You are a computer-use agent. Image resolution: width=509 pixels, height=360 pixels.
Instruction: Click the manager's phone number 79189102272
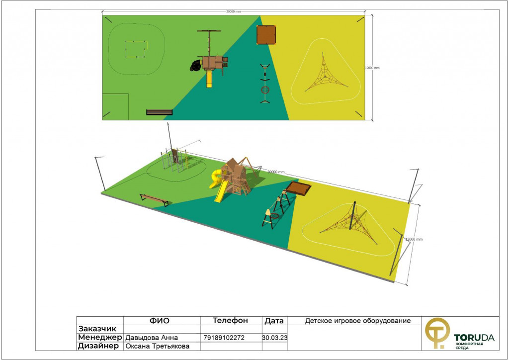pos(224,338)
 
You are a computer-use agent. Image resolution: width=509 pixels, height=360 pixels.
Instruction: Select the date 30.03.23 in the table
pos(274,338)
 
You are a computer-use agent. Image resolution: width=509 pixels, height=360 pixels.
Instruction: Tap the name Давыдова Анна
pos(152,338)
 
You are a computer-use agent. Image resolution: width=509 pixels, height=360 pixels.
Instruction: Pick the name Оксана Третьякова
pos(158,346)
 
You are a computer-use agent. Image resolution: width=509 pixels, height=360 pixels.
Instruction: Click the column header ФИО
pos(160,321)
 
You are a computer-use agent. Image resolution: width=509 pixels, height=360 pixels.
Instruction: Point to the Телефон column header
pos(230,320)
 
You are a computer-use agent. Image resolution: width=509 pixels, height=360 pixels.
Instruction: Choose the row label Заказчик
pos(97,329)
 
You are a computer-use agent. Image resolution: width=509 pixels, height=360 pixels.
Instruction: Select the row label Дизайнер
pos(98,346)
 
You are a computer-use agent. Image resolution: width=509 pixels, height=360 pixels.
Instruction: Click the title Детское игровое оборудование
pos(358,321)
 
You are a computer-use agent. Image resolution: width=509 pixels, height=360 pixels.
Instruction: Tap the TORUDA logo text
pos(474,338)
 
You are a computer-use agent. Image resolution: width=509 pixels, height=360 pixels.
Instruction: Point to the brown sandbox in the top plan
pos(266,35)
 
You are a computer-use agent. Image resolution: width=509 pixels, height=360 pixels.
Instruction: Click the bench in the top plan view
pos(160,112)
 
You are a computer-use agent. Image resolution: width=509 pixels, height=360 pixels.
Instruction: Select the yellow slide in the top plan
pos(209,79)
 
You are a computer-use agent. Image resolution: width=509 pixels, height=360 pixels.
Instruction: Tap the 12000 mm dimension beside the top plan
pos(372,68)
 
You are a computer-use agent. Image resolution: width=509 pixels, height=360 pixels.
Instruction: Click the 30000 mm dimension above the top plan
pos(234,12)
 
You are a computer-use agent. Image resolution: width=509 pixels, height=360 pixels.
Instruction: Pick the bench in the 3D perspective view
pos(155,199)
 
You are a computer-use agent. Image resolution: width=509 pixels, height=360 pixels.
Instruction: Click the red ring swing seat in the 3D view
pos(275,216)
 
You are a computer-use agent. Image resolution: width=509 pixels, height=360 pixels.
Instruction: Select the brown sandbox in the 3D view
pos(298,188)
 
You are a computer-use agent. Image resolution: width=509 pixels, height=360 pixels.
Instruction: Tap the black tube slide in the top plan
pos(196,66)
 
